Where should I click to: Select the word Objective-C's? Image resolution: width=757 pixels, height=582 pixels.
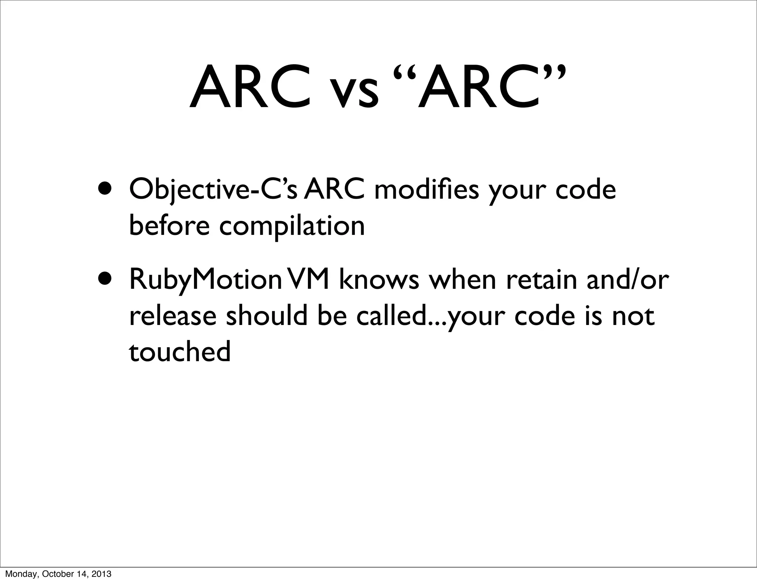point(213,191)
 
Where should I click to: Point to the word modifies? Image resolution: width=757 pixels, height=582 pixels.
point(427,190)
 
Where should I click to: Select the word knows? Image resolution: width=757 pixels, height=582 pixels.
point(379,280)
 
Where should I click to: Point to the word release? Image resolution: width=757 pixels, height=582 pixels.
point(173,316)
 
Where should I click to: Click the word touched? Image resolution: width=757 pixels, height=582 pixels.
point(180,352)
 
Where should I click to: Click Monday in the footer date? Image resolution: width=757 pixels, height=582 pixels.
point(18,574)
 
